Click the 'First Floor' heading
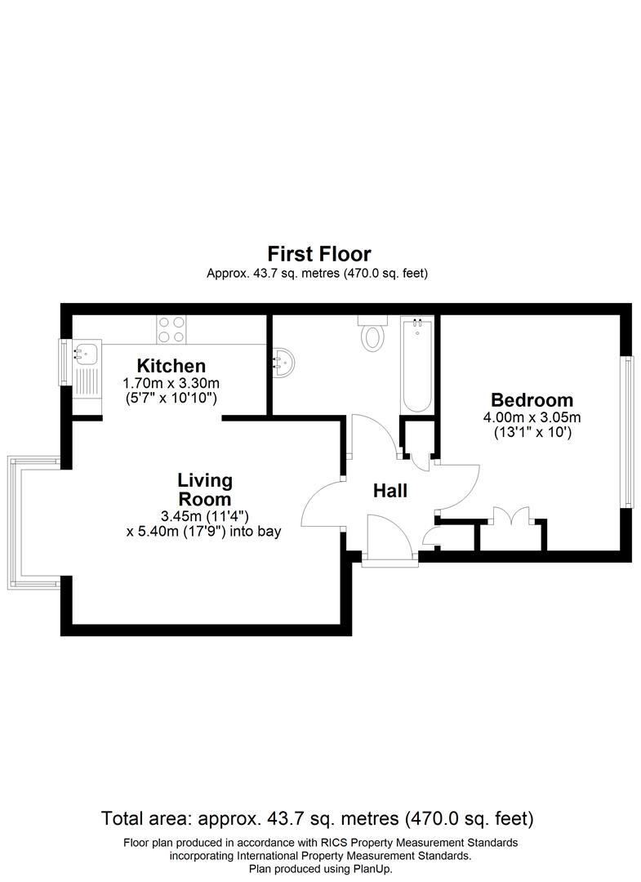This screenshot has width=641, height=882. (320, 253)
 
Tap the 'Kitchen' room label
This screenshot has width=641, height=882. (171, 365)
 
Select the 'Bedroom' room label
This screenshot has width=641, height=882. (532, 400)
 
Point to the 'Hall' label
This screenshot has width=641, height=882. (389, 491)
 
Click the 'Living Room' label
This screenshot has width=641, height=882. (205, 489)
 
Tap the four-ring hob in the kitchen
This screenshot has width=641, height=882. (171, 328)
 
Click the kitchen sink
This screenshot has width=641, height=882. (85, 354)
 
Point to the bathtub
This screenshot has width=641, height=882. (416, 366)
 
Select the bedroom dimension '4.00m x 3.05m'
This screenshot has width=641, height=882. (532, 417)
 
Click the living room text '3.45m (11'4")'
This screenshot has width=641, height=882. (205, 515)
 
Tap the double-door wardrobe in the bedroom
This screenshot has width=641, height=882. (511, 519)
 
